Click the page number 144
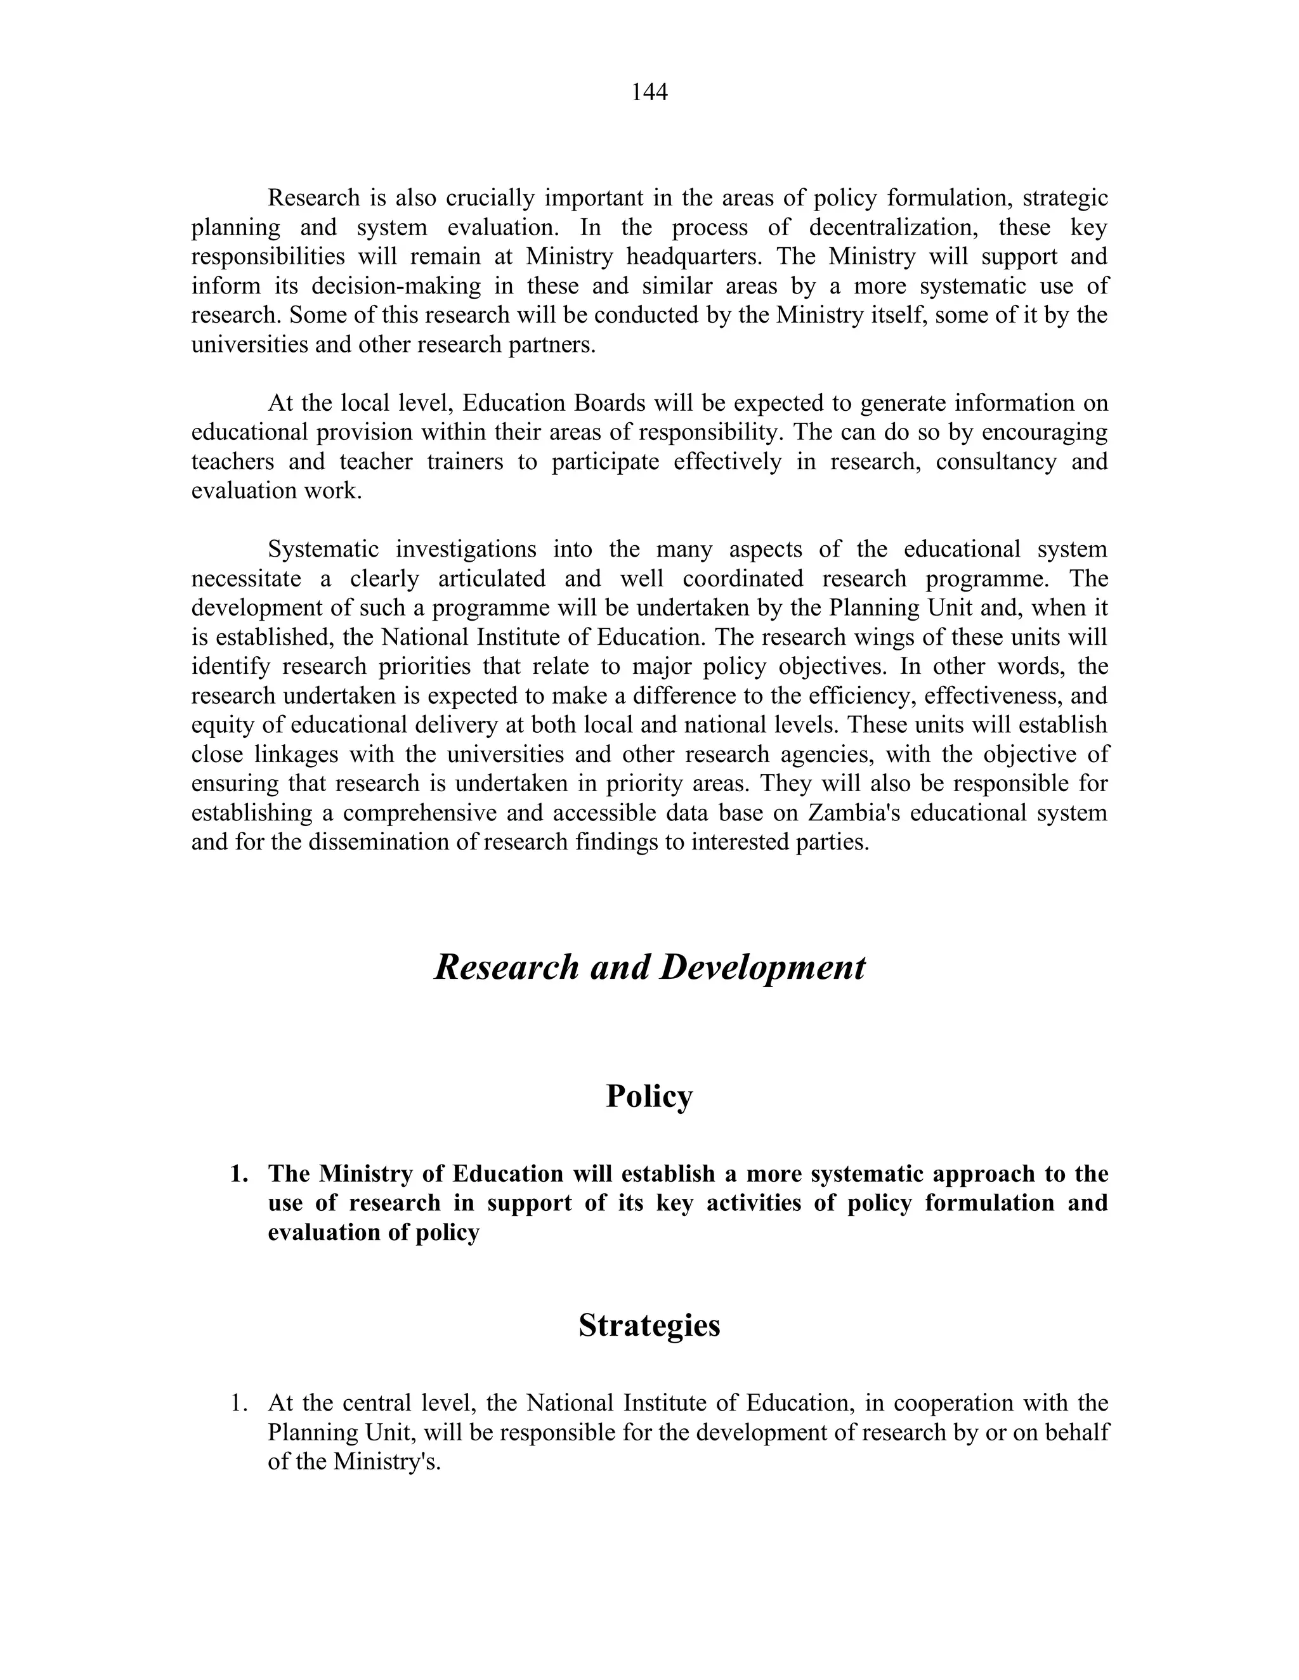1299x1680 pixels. pos(649,93)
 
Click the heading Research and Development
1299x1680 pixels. pos(649,967)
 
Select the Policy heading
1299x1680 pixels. pos(649,1096)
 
